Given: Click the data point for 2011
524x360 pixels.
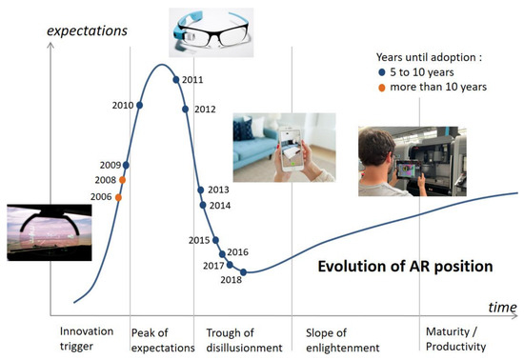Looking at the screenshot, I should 176,80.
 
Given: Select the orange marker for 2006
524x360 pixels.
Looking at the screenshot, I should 118,197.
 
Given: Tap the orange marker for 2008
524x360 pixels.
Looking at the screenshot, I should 122,179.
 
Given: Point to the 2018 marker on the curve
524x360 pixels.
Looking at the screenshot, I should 244,272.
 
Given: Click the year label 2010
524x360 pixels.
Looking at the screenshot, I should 124,105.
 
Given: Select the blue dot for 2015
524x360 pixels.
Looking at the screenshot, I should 216,240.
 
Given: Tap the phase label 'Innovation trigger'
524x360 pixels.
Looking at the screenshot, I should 87,339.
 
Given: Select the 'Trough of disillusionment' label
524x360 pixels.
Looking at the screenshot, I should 244,339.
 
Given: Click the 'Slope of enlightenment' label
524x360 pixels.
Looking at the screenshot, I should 342,339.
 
